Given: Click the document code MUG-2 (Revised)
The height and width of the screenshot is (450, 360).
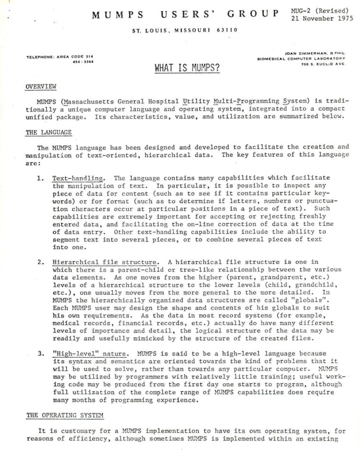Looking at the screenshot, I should (x=320, y=10).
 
